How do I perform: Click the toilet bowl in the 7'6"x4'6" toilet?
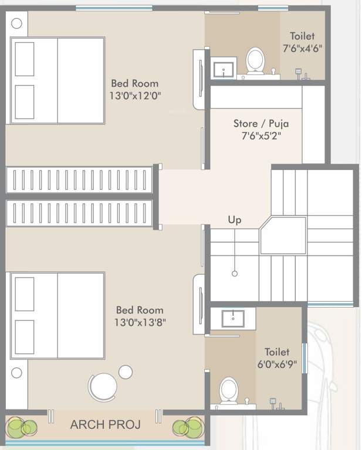pos(255,60)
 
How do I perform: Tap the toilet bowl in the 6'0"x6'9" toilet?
pos(229,390)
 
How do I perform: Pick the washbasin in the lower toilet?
pos(232,318)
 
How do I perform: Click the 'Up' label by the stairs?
pos(235,220)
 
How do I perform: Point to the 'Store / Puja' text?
pos(260,124)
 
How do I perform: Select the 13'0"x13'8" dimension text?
pos(140,322)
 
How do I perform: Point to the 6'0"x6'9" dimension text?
pos(276,364)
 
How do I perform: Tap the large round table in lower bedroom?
pos(103,387)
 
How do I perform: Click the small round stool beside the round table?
pos(126,371)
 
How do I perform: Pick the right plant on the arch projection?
pos(189,427)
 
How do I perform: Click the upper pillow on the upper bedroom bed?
pos(25,59)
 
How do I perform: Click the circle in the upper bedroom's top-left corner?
pos(17,23)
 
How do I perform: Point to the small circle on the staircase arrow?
pos(234,274)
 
